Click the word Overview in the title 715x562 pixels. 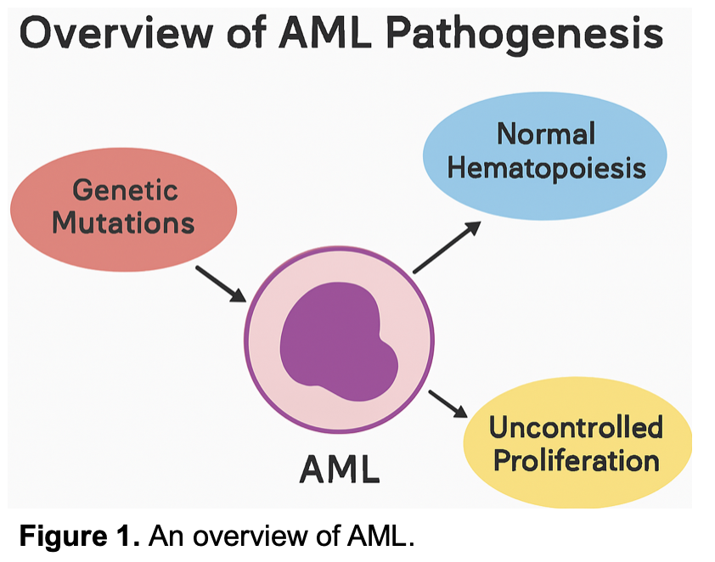pyautogui.click(x=116, y=33)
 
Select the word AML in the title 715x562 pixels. pyautogui.click(x=324, y=33)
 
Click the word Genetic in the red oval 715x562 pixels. pyautogui.click(x=126, y=189)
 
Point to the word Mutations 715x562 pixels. pyautogui.click(x=124, y=223)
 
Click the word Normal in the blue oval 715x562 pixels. pyautogui.click(x=546, y=134)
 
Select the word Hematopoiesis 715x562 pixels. pyautogui.click(x=546, y=168)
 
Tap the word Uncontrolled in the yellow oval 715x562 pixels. pyautogui.click(x=576, y=427)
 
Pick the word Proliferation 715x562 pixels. pyautogui.click(x=577, y=461)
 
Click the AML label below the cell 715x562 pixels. pyautogui.click(x=340, y=469)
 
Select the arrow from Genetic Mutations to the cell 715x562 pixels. pyautogui.click(x=221, y=284)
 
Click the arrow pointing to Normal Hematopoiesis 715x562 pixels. pyautogui.click(x=447, y=247)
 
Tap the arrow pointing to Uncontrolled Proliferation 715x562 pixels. pyautogui.click(x=448, y=404)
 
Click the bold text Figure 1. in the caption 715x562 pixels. pyautogui.click(x=79, y=536)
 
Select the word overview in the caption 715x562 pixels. pyautogui.click(x=251, y=537)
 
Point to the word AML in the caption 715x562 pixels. pyautogui.click(x=380, y=536)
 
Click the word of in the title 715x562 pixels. pyautogui.click(x=246, y=33)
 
